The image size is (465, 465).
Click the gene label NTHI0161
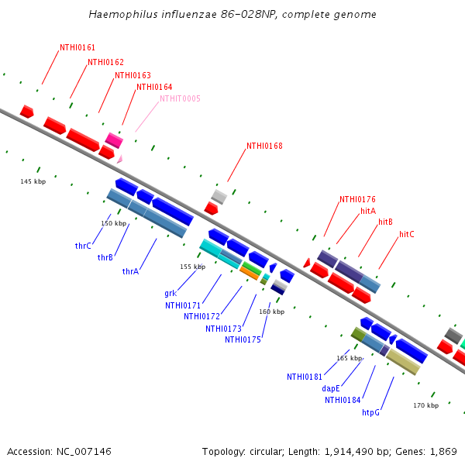pos(77,48)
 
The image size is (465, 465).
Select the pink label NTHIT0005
pos(180,98)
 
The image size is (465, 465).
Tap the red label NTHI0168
pos(264,146)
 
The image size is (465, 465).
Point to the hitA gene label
pos(368,211)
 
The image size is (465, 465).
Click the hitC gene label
pos(407,234)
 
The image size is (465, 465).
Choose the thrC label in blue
pos(83,246)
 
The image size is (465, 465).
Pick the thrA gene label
pos(130,272)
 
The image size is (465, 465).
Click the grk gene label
pos(170,294)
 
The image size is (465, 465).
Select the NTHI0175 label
pos(243,339)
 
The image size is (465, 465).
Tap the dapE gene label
pos(331,389)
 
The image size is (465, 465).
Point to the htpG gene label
pos(371,413)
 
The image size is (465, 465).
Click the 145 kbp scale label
pos(33,181)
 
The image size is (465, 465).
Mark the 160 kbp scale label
pos(271,312)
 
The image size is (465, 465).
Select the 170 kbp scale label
pos(425,405)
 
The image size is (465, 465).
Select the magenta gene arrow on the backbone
pos(114,140)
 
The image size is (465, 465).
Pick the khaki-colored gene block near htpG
pos(403,361)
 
